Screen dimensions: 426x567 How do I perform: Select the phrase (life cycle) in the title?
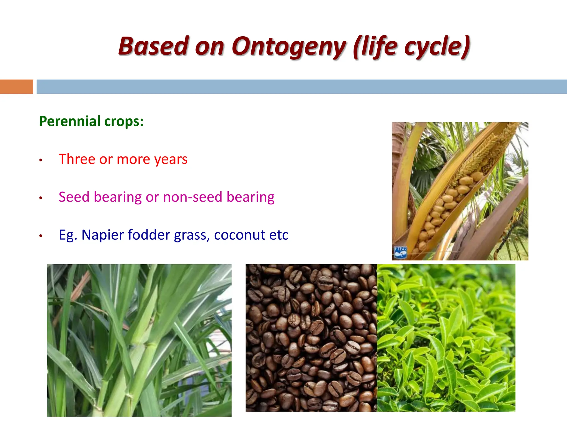(412, 47)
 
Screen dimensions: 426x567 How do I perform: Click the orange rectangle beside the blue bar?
(16, 87)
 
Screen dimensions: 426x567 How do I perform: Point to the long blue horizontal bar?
(301, 87)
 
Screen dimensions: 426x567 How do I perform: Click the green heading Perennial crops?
(91, 121)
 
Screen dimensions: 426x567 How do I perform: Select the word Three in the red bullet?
(77, 159)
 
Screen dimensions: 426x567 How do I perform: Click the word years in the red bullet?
(171, 159)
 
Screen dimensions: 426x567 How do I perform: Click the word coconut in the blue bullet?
(239, 235)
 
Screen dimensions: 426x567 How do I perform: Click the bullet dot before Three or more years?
(41, 160)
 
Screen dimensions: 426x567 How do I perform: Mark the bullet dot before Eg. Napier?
(41, 236)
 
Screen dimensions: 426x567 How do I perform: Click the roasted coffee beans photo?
(311, 338)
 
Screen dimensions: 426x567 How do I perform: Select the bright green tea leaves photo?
(446, 338)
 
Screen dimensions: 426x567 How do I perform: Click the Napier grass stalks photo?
(139, 340)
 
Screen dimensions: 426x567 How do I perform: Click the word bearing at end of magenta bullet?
(250, 197)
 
